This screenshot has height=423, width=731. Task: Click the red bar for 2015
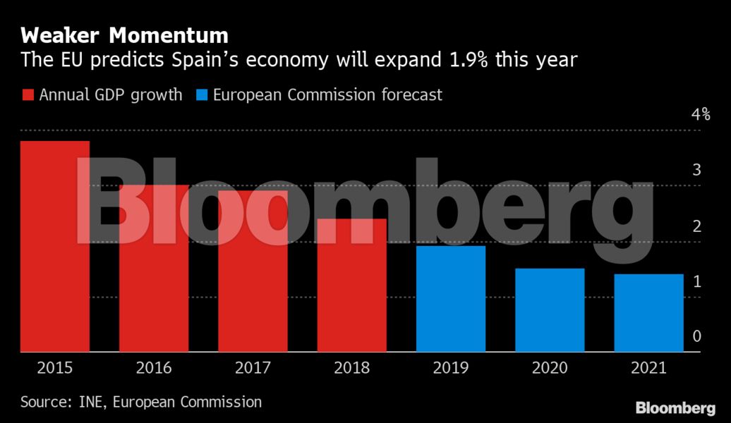(x=55, y=246)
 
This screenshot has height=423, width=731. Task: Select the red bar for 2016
(x=154, y=268)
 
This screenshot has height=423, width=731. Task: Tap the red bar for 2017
(x=253, y=271)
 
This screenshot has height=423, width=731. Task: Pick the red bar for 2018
(x=351, y=285)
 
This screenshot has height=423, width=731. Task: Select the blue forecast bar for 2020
(x=550, y=309)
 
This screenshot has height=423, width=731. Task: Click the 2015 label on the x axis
(x=55, y=367)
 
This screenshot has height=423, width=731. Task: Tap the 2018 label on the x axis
(x=351, y=367)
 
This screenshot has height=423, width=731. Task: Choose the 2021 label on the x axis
(x=648, y=367)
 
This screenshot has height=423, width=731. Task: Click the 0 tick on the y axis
(x=696, y=336)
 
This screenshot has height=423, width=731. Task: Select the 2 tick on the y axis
(x=696, y=226)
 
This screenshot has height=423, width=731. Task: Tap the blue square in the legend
(x=200, y=95)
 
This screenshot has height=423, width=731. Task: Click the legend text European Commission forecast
(x=327, y=95)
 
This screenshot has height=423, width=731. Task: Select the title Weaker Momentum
(x=124, y=35)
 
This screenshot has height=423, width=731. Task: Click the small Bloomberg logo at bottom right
(x=675, y=407)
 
